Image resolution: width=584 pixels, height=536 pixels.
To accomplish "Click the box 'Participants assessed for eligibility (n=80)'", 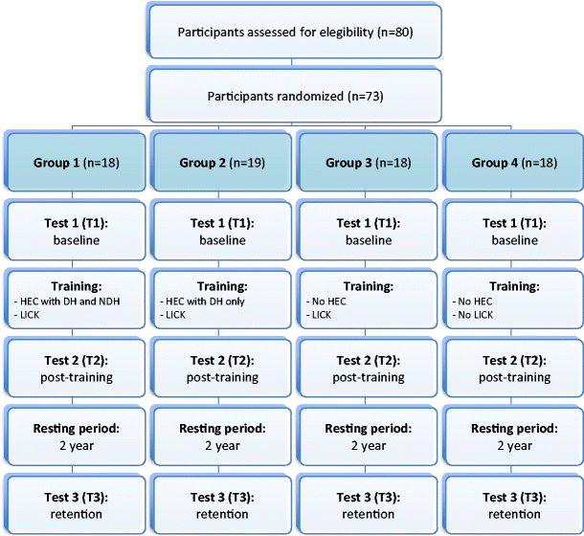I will tap(295, 33).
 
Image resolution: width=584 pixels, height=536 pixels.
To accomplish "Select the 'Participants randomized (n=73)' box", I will tap(295, 97).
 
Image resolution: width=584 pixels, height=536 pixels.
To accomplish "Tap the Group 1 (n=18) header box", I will tap(78, 163).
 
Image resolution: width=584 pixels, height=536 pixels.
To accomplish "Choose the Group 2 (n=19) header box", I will tap(223, 163).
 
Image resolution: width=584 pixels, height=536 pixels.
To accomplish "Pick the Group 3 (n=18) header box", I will tap(369, 163).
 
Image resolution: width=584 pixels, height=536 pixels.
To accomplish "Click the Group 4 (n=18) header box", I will tap(515, 163).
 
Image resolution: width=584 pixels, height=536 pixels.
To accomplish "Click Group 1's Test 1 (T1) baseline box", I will tap(78, 233).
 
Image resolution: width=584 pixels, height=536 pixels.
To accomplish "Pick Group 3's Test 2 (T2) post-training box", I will tap(369, 368).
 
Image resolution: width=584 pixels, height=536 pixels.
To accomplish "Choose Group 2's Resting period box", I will tap(223, 436).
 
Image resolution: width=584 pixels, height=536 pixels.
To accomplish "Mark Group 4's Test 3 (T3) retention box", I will tap(515, 504).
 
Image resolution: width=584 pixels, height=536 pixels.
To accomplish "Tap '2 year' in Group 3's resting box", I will tap(369, 445).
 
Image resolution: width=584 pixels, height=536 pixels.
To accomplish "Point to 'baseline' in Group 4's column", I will tap(515, 240).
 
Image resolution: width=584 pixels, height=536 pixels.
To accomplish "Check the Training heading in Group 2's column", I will tap(223, 286).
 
